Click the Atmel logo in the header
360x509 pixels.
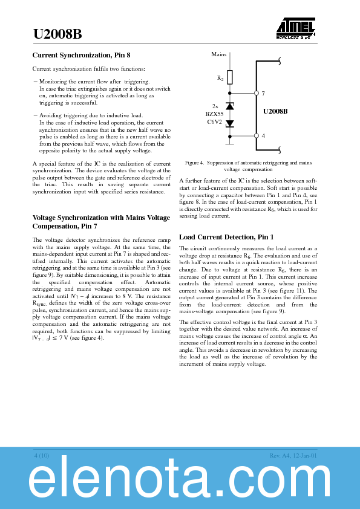296,27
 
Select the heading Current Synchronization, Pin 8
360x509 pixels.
80,56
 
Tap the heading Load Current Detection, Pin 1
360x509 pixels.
218,237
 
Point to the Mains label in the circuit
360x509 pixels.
219,54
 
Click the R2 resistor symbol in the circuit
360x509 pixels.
229,77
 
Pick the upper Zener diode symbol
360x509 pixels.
229,106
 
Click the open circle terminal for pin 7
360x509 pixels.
257,93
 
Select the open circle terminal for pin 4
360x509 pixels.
257,135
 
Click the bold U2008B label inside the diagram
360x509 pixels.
275,111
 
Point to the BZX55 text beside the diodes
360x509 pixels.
214,114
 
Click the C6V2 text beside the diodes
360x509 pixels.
214,122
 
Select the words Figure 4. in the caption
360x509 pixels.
194,163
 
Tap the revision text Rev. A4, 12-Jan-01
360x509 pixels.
293,455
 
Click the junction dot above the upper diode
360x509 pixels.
229,93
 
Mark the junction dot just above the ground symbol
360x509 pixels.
229,135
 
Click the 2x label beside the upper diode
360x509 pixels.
215,105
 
